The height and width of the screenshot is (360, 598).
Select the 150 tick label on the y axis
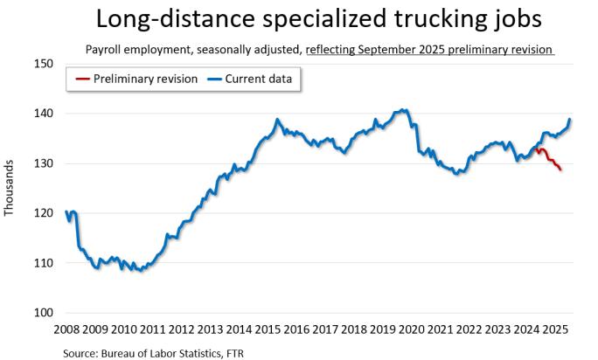tap(44, 64)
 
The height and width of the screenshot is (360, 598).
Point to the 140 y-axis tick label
tap(44, 114)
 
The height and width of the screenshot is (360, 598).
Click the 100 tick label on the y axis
tap(44, 313)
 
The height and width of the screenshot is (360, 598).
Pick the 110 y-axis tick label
tap(44, 263)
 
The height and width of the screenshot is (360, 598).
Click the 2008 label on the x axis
tap(66, 329)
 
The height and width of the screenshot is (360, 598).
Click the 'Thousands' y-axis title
tap(10, 188)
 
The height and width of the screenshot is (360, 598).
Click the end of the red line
tap(560, 170)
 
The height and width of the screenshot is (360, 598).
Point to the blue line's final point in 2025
tap(570, 120)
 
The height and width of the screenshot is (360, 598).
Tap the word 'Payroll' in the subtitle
tap(104, 50)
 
